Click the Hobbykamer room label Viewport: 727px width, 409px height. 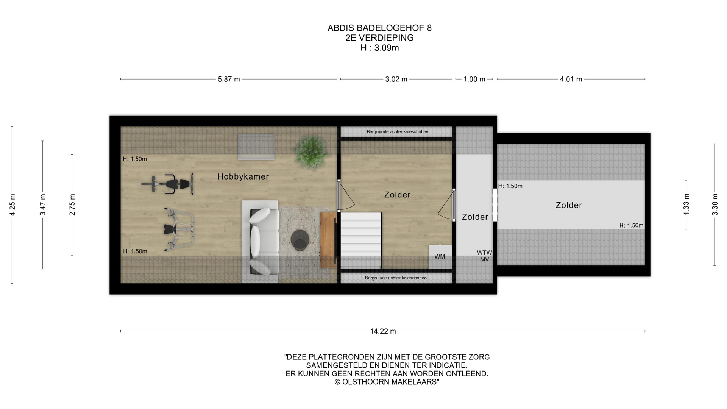[x=243, y=176]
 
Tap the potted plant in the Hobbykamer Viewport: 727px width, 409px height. [x=311, y=151]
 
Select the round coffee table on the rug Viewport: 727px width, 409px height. [x=300, y=240]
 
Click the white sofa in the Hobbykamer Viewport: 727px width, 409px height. [x=260, y=241]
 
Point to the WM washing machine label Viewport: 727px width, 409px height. [x=440, y=257]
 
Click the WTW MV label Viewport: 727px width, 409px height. [x=484, y=256]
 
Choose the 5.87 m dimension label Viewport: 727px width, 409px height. [x=229, y=79]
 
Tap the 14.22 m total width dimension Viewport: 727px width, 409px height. [x=383, y=331]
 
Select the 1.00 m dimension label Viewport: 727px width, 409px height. [x=474, y=79]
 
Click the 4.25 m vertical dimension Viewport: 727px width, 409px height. [x=12, y=205]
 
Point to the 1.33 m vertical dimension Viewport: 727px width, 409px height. [x=686, y=204]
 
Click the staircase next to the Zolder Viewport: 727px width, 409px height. [x=361, y=240]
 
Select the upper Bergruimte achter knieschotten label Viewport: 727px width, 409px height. [x=397, y=132]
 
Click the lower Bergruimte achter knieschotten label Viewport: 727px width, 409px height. [x=396, y=278]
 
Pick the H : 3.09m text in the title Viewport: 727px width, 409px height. [x=379, y=48]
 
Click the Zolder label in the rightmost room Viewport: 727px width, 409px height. [x=569, y=205]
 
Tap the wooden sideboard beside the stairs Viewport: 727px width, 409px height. [x=328, y=240]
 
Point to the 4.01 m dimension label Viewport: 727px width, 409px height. [x=571, y=79]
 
